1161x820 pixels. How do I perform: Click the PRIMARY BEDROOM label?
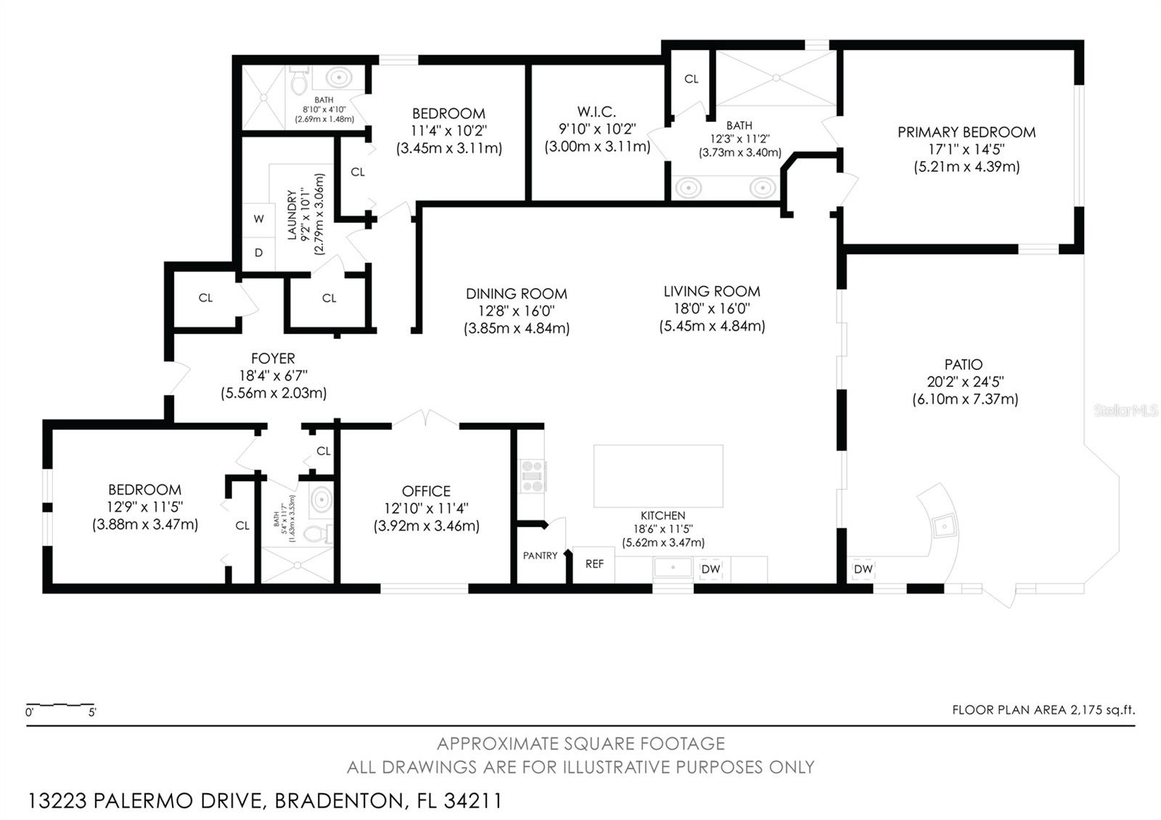[x=966, y=132]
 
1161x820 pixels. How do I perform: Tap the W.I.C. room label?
[x=596, y=112]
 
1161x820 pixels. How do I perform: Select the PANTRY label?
[x=540, y=556]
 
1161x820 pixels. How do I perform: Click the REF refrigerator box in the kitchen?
[x=594, y=564]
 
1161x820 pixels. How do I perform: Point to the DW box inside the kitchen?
[x=710, y=570]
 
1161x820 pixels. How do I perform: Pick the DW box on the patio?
[x=863, y=570]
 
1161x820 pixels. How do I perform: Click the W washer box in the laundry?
[x=258, y=219]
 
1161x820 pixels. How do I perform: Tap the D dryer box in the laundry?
[x=258, y=253]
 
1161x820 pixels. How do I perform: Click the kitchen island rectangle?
[x=658, y=476]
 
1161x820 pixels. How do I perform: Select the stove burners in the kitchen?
[x=532, y=476]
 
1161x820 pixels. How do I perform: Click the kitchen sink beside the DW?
[x=673, y=567]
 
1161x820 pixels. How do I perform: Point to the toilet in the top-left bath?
[x=299, y=82]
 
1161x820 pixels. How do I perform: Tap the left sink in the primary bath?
[x=688, y=188]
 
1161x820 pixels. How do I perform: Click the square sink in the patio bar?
[x=944, y=526]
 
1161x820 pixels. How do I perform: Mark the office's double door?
[x=426, y=420]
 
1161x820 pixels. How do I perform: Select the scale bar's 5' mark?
[x=92, y=713]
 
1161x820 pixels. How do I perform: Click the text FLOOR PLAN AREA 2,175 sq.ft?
[x=1043, y=710]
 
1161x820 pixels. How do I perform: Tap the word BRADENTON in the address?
[x=339, y=801]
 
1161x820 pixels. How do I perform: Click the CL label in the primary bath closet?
[x=691, y=79]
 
